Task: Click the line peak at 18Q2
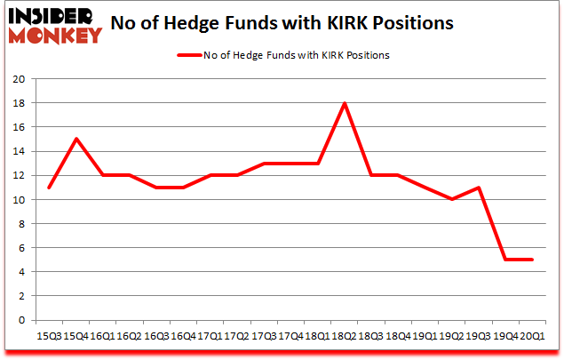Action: tap(345, 103)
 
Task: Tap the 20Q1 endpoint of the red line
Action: tap(533, 260)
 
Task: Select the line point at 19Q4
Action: tap(506, 260)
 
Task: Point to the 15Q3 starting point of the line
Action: tap(49, 188)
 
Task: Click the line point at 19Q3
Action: tap(480, 188)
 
